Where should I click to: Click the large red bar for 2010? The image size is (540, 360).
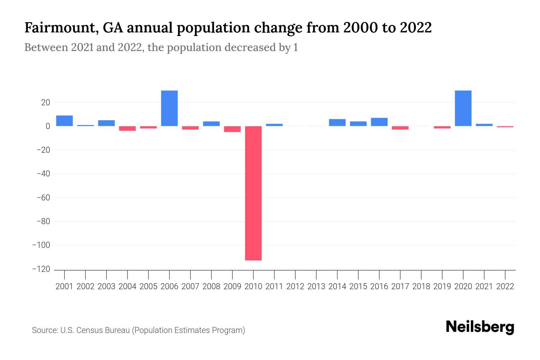[x=253, y=193]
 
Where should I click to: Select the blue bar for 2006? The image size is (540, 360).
[x=169, y=108]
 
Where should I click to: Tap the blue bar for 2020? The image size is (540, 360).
[x=463, y=108]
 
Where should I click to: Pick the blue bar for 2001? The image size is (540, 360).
[x=64, y=121]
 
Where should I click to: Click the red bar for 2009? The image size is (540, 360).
[x=232, y=129]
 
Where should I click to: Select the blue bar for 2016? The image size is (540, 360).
[x=379, y=122]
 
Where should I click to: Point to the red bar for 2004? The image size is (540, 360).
[x=127, y=128]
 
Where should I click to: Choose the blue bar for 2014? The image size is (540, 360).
[x=337, y=122]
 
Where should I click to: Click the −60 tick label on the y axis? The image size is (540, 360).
[x=43, y=198]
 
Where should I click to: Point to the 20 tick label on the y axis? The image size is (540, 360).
[x=46, y=103]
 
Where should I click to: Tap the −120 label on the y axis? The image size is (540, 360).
[x=41, y=269]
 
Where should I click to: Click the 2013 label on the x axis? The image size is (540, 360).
[x=316, y=286]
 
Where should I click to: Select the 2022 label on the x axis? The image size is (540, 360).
[x=505, y=286]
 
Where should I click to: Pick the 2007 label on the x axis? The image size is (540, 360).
[x=190, y=286]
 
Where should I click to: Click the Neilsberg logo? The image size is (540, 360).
[x=480, y=327]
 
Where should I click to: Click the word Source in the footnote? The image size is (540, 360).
[x=45, y=330]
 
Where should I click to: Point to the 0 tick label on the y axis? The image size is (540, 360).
[x=48, y=126]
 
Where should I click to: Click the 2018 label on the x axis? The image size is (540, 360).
[x=421, y=286]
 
